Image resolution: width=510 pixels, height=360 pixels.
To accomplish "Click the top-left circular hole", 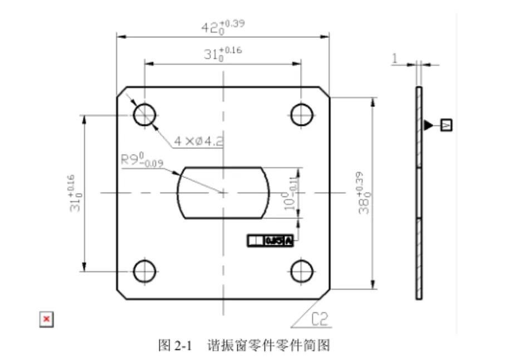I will (144, 115).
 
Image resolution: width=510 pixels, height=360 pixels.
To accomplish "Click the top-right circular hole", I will (301, 115).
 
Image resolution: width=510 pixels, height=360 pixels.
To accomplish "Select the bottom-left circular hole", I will (144, 271).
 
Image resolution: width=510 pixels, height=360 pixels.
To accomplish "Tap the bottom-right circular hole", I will (301, 271).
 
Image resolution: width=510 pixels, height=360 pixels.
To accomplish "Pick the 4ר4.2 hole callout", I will (198, 141).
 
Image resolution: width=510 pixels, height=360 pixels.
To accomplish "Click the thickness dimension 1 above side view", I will (395, 57).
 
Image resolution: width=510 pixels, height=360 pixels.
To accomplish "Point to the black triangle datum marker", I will (427, 125).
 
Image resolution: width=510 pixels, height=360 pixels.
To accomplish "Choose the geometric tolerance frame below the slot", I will (270, 240).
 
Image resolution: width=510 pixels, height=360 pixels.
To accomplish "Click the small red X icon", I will (47, 319).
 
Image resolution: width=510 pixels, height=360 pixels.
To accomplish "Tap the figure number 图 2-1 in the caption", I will (175, 346).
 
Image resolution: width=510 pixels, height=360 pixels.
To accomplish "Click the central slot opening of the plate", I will (223, 192).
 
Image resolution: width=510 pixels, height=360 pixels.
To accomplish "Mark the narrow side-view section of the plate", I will (419, 193).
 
